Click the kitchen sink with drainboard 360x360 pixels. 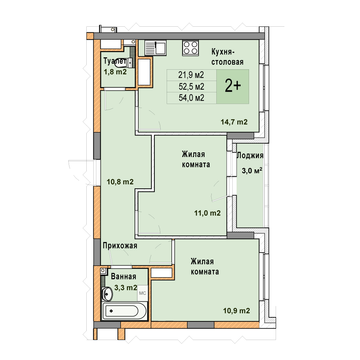155,48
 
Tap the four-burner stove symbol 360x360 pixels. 191,48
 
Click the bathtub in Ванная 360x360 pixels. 124,311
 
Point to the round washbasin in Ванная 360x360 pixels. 107,294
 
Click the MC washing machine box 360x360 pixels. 142,293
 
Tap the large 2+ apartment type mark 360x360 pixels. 233,86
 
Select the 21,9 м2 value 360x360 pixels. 191,75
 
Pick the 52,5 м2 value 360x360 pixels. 191,87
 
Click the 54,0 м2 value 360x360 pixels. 191,98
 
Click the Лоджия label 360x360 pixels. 250,156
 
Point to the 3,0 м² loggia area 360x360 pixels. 252,171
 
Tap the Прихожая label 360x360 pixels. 120,246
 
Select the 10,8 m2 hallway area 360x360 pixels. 120,182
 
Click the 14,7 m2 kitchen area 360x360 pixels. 234,122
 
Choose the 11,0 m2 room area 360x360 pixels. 208,213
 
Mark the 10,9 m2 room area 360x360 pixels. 237,311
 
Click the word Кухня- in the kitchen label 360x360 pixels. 223,52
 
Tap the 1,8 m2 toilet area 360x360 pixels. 115,72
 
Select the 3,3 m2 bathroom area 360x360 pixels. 126,287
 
